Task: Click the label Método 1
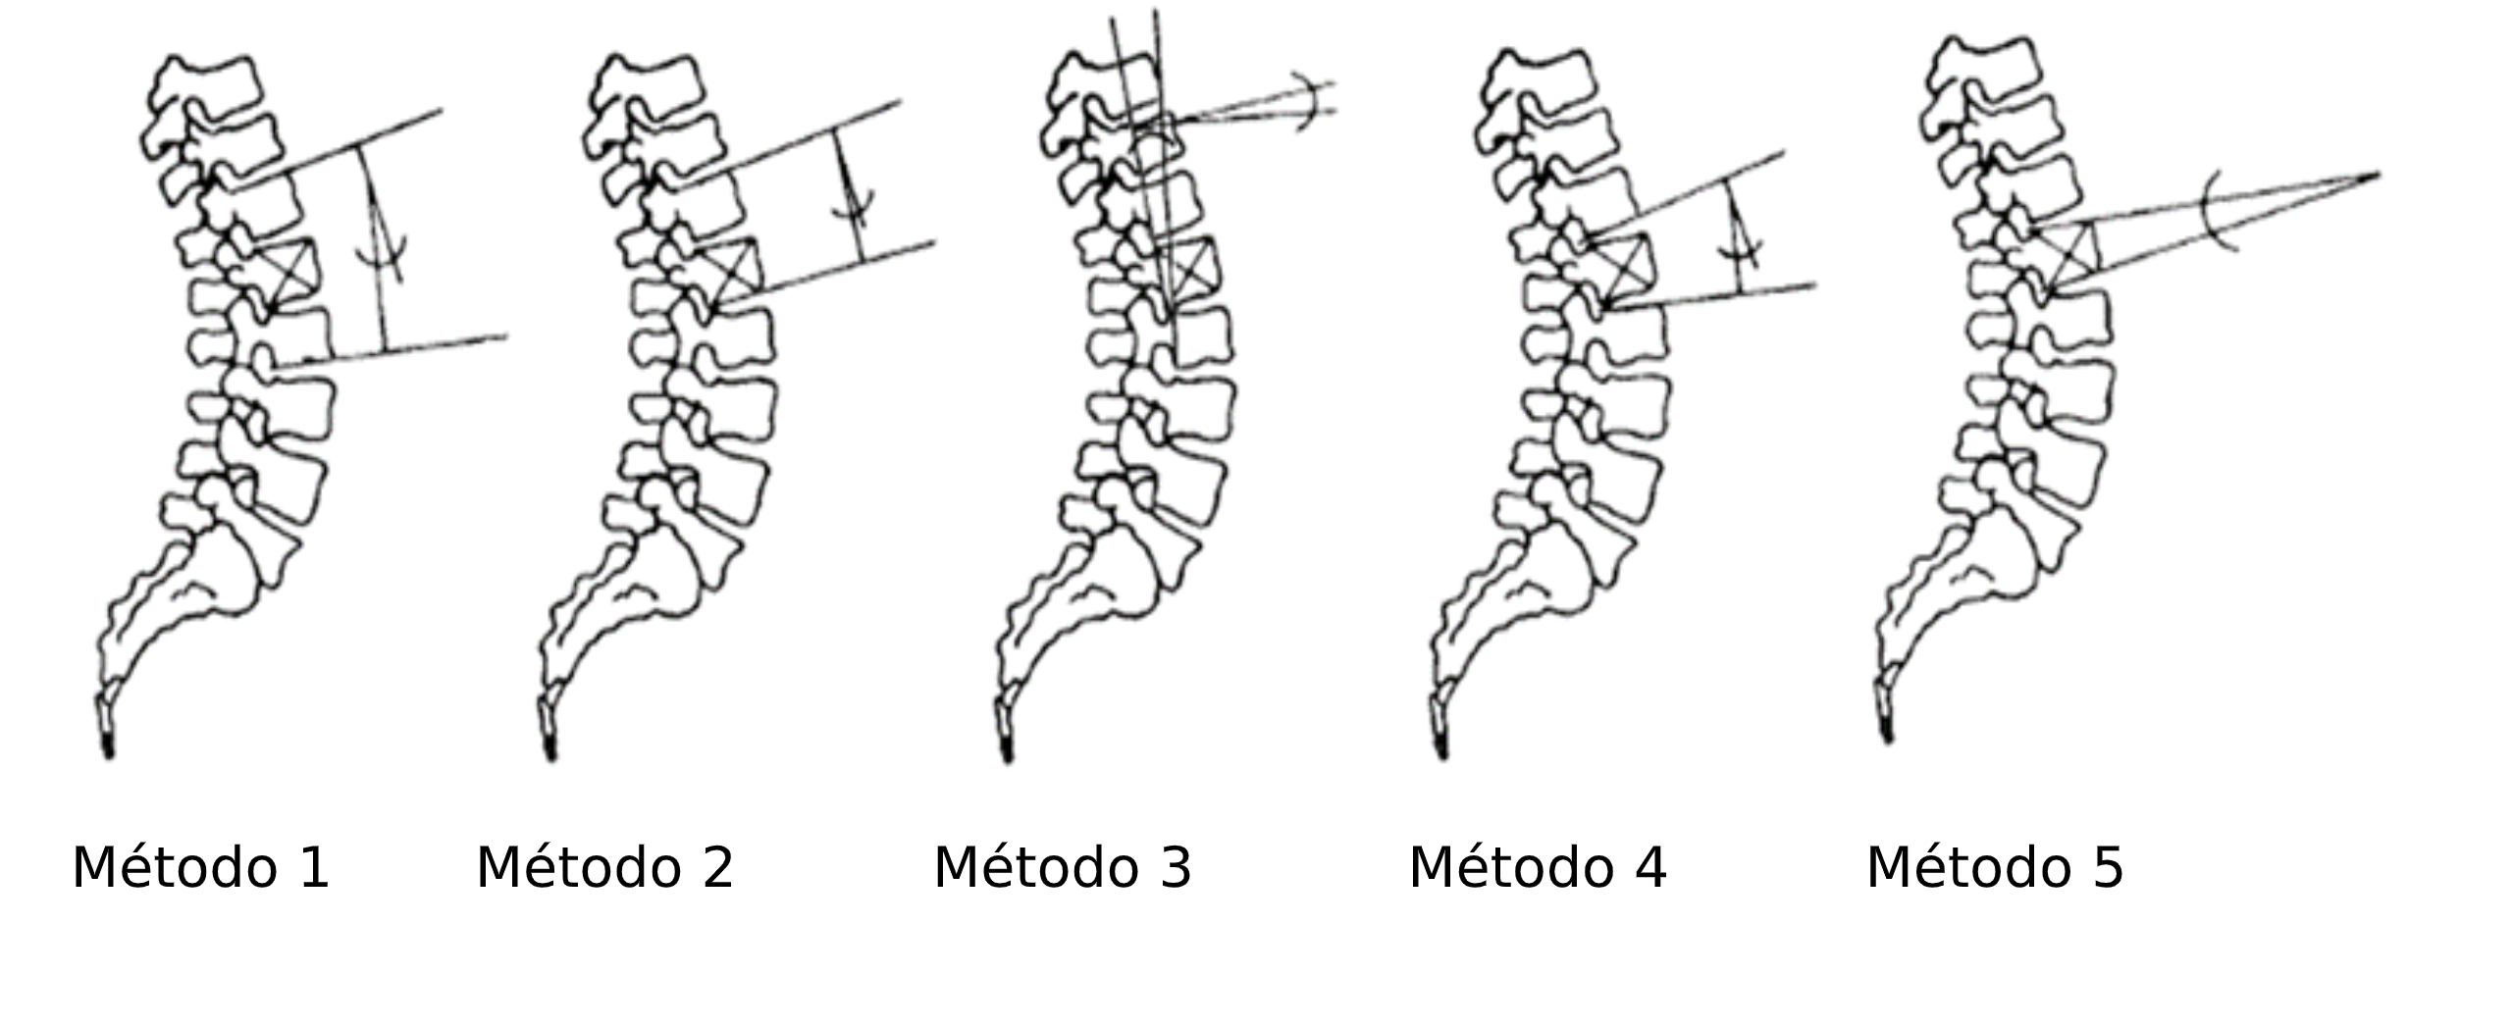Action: [x=200, y=868]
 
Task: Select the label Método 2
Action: [x=604, y=868]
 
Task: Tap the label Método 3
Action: [x=1062, y=868]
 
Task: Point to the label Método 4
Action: [x=1538, y=868]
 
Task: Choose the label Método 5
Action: [x=1995, y=868]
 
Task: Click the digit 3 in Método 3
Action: [x=1175, y=868]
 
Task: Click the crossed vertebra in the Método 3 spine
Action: [x=1188, y=267]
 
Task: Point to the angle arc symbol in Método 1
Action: [x=381, y=252]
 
